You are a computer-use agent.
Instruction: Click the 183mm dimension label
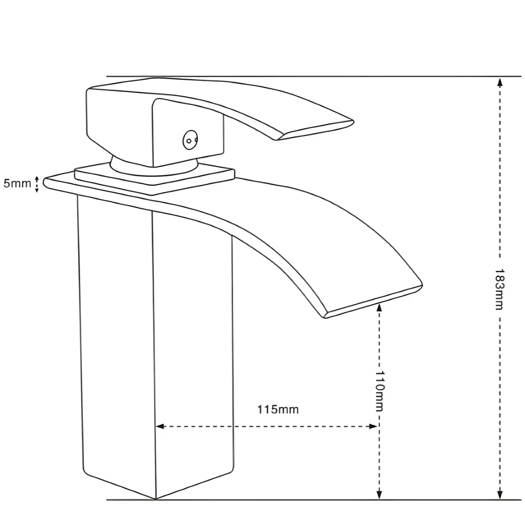tap(500, 289)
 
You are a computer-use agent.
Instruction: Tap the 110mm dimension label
tap(379, 391)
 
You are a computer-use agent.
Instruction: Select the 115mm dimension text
tap(278, 409)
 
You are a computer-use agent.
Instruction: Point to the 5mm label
tap(17, 183)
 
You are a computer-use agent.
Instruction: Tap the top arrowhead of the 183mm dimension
tap(500, 82)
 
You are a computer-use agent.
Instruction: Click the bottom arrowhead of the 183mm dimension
tap(500, 494)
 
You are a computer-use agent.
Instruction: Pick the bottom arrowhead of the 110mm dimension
tap(379, 494)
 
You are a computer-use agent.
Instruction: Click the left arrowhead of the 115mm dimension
tap(160, 426)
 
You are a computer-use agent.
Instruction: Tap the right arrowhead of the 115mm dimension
tap(373, 426)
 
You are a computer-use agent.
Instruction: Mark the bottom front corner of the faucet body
tap(156, 499)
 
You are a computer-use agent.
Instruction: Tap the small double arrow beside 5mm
tap(37, 184)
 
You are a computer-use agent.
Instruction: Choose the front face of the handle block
tap(188, 132)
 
